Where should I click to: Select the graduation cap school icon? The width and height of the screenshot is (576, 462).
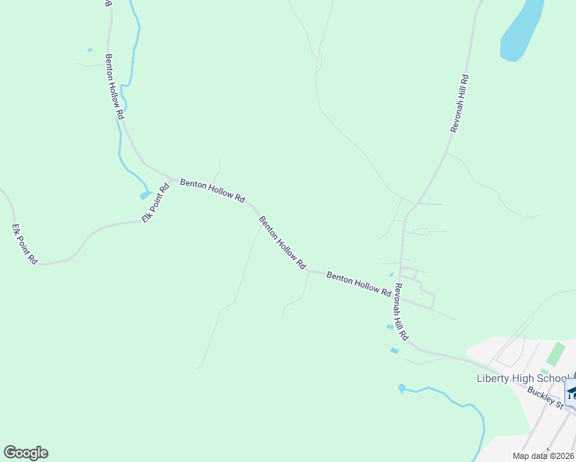click(571, 395)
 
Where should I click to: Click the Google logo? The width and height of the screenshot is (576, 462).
click(25, 453)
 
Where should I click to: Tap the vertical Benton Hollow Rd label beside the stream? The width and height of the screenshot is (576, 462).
click(114, 85)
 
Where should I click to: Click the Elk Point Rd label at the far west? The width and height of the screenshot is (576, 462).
click(25, 244)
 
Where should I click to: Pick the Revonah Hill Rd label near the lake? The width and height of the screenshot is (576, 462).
click(460, 104)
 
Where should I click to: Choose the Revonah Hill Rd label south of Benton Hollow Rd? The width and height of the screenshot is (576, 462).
click(400, 313)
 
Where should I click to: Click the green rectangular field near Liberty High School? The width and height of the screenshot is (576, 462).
click(554, 355)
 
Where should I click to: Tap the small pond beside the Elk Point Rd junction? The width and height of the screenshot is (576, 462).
click(146, 195)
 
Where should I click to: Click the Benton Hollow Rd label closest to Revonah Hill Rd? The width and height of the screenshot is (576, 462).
click(359, 283)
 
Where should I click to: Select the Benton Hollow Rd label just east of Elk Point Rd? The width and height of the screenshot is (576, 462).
click(212, 191)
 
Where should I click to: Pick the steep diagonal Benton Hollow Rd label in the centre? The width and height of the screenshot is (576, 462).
click(283, 242)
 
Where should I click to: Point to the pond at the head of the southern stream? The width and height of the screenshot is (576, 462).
click(401, 388)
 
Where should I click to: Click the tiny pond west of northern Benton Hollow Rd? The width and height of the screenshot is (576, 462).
click(90, 50)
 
